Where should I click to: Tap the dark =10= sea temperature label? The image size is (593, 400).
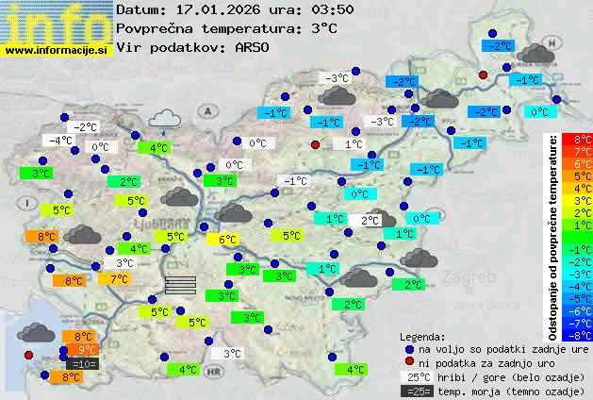(81, 363)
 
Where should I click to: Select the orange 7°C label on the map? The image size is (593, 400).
(119, 279)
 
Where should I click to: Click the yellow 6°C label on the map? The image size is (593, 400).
(227, 240)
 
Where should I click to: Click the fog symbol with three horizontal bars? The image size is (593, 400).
(180, 286)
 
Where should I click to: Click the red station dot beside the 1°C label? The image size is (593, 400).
(316, 144)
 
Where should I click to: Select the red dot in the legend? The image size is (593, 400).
(409, 362)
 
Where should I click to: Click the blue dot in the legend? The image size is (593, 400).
(409, 349)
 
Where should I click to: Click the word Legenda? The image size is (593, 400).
(423, 337)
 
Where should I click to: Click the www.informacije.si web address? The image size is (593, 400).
(57, 50)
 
